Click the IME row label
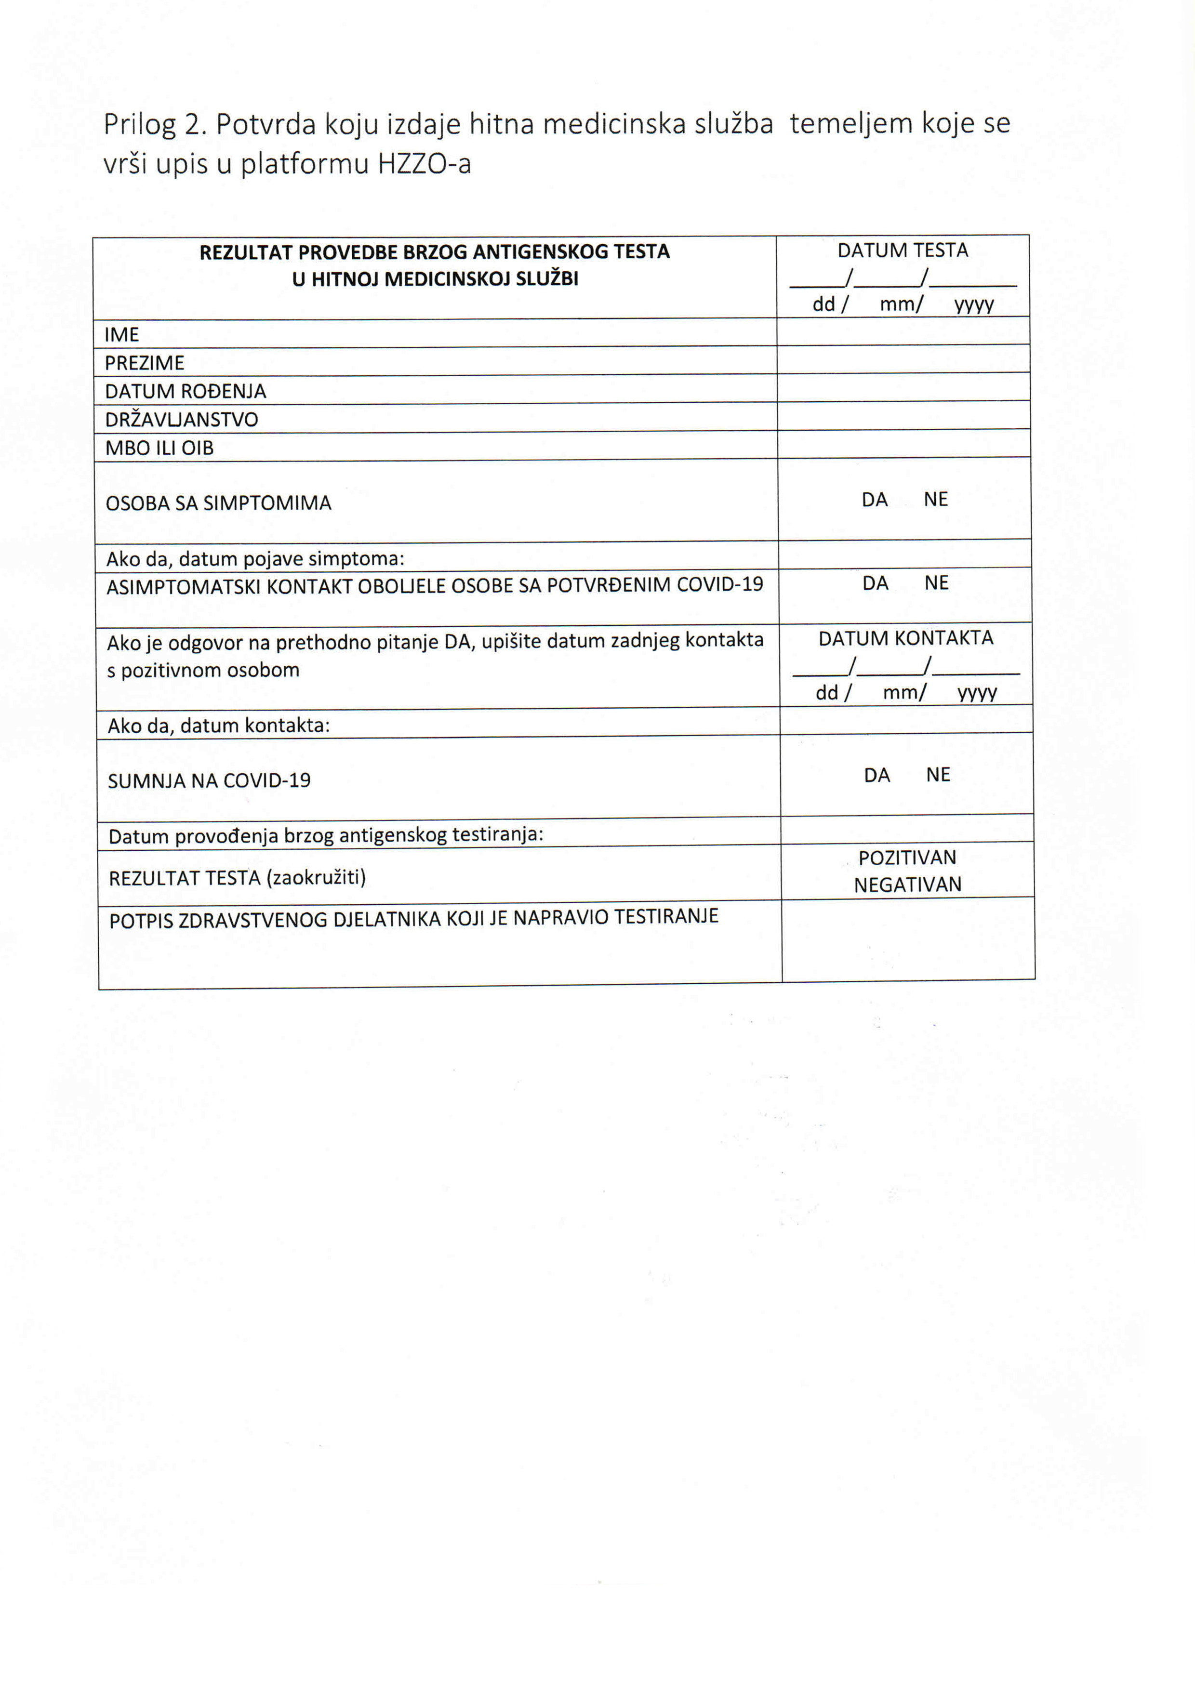tap(121, 335)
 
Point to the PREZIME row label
tap(144, 363)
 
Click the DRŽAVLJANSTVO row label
tap(181, 420)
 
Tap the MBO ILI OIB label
tap(159, 448)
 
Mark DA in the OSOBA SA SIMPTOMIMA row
tap(874, 500)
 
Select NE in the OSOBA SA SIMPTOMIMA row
tap(935, 499)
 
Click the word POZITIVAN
tap(907, 858)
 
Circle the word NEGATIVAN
tap(907, 885)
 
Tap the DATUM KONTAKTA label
tap(905, 638)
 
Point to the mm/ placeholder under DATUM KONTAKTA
tap(904, 693)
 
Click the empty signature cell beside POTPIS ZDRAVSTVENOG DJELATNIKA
tap(908, 939)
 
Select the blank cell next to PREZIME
tap(903, 359)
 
